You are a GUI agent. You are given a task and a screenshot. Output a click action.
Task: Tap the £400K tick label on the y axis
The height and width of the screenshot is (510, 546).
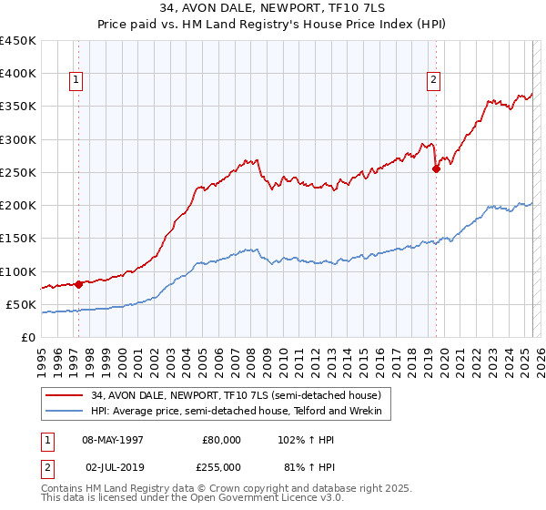click(18, 74)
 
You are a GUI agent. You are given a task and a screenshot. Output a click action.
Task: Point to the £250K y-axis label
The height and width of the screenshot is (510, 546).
click(18, 172)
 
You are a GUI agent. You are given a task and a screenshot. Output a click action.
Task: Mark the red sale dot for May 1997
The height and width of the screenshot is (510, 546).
click(78, 284)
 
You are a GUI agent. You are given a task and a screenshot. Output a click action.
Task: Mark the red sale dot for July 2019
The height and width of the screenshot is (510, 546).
click(436, 168)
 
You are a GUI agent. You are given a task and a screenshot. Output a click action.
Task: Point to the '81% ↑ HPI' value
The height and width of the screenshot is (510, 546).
click(305, 466)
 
